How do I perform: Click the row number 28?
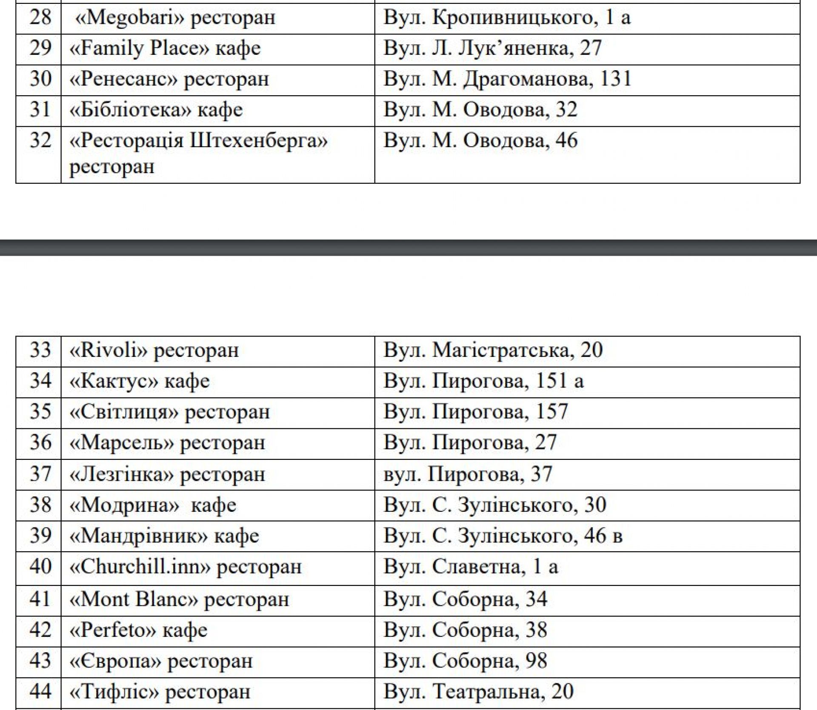pos(40,18)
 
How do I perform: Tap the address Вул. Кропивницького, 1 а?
pos(506,18)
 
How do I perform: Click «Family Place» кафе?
pos(165,48)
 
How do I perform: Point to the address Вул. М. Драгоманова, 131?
pos(507,79)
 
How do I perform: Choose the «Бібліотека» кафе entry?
pos(156,110)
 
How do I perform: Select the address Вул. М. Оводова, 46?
pos(480,141)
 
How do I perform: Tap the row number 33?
pos(40,351)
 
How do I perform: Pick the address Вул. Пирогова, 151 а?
pos(483,381)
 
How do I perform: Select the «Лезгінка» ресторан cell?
pos(167,474)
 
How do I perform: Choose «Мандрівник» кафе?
pos(164,536)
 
